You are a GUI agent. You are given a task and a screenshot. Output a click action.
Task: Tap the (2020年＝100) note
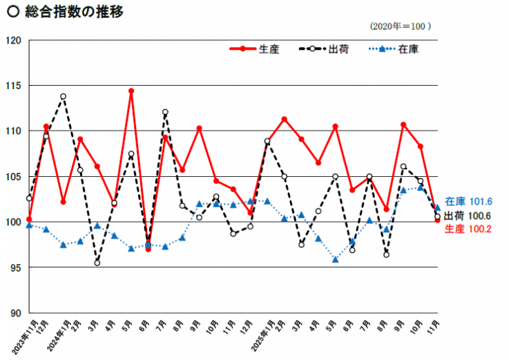tap(401, 26)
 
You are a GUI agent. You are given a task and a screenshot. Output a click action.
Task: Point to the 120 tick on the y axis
tap(15, 40)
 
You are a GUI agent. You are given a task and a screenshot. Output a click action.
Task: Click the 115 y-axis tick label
tap(15, 86)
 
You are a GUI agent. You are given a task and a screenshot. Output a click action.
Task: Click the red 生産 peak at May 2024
tap(131, 91)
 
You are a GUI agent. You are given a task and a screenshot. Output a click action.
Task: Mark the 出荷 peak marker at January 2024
tap(63, 97)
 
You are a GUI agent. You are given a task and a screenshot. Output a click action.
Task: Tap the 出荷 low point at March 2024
tap(97, 263)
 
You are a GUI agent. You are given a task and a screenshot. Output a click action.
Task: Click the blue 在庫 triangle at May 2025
tap(336, 260)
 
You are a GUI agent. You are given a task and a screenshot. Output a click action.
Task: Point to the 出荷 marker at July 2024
tap(166, 112)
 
